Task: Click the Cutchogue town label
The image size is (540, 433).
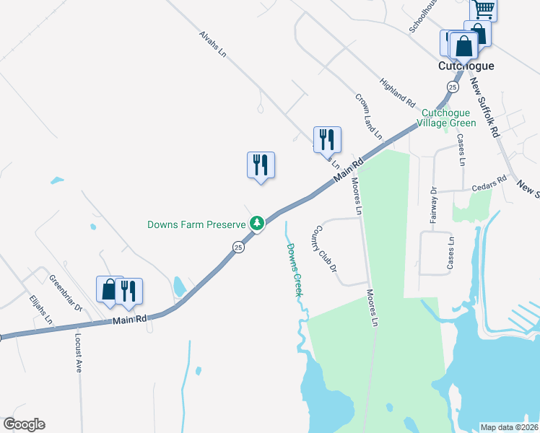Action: [x=466, y=66]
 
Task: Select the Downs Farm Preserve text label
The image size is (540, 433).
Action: [x=197, y=224]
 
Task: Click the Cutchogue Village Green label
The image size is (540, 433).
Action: [x=449, y=118]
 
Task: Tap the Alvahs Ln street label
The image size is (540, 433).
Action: [x=214, y=43]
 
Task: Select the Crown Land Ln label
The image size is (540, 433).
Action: [x=367, y=116]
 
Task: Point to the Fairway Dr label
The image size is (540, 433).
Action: [x=434, y=205]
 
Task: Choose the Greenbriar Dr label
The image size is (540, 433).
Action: [x=66, y=292]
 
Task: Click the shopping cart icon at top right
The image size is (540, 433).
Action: [x=483, y=9]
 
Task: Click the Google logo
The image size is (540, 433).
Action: [x=24, y=424]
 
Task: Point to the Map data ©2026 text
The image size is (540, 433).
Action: [x=509, y=427]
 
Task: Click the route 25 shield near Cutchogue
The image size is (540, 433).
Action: [x=453, y=87]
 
